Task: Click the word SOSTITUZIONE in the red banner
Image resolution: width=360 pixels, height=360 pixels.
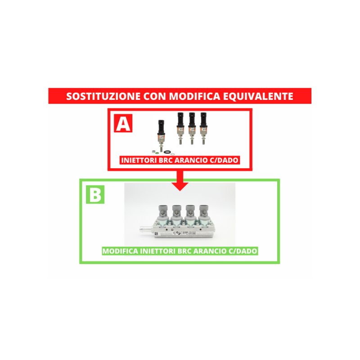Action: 103,96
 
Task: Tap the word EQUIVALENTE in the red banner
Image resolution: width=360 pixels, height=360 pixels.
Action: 258,96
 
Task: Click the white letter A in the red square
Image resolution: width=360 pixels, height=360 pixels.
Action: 123,123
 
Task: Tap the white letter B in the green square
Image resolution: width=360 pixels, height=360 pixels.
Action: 95,194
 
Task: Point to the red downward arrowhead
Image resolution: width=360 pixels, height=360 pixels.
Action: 180,186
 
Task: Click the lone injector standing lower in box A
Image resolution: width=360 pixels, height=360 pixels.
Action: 161,135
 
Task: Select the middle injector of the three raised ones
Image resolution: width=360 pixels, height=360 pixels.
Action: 192,128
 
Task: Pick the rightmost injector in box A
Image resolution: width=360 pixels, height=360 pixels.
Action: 203,128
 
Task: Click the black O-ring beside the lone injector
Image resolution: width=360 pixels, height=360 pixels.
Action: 167,152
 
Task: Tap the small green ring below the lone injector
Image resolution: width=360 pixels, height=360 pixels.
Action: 157,153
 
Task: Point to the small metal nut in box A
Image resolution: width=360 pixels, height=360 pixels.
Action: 153,152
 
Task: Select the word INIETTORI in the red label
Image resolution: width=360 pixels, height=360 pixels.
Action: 139,160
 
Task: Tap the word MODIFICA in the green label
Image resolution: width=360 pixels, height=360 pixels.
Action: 120,251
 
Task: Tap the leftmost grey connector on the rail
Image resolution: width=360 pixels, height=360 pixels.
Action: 163,210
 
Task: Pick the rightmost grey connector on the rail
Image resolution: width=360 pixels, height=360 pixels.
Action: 204,210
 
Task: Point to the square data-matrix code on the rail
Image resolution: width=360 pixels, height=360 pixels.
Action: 156,234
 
